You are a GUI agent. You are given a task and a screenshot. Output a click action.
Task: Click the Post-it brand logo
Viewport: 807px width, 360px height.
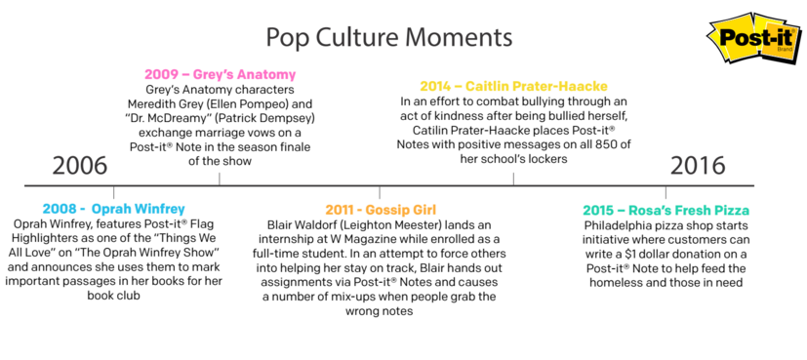click(x=755, y=40)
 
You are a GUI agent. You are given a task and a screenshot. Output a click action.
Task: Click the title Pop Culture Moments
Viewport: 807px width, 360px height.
click(x=388, y=38)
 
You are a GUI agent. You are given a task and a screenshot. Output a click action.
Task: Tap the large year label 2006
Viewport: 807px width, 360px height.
click(x=80, y=166)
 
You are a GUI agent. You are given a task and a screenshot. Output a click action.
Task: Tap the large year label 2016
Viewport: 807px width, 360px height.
click(x=698, y=166)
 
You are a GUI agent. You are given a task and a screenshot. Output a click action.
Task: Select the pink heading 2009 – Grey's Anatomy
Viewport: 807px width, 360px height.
click(x=221, y=74)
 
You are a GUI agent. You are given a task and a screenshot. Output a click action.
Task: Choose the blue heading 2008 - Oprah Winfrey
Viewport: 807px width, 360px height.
click(x=114, y=209)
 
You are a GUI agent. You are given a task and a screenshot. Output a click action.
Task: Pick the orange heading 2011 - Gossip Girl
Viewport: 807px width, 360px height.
click(x=381, y=210)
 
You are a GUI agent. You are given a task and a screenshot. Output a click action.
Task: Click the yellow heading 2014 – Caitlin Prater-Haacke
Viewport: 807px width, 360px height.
click(x=513, y=86)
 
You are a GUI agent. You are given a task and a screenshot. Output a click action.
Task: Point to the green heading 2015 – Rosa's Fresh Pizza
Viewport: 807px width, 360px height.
click(x=666, y=211)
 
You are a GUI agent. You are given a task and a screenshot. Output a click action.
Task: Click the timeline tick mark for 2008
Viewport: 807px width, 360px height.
click(x=114, y=192)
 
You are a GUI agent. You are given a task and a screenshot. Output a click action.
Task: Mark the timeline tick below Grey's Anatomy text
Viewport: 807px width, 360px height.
click(x=220, y=179)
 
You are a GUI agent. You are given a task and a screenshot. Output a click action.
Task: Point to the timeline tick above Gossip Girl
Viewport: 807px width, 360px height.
click(x=380, y=192)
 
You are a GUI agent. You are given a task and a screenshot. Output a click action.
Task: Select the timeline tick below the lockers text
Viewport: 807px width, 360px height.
click(x=513, y=179)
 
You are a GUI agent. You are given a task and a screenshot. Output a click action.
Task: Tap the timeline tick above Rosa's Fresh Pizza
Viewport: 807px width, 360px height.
click(x=666, y=192)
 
